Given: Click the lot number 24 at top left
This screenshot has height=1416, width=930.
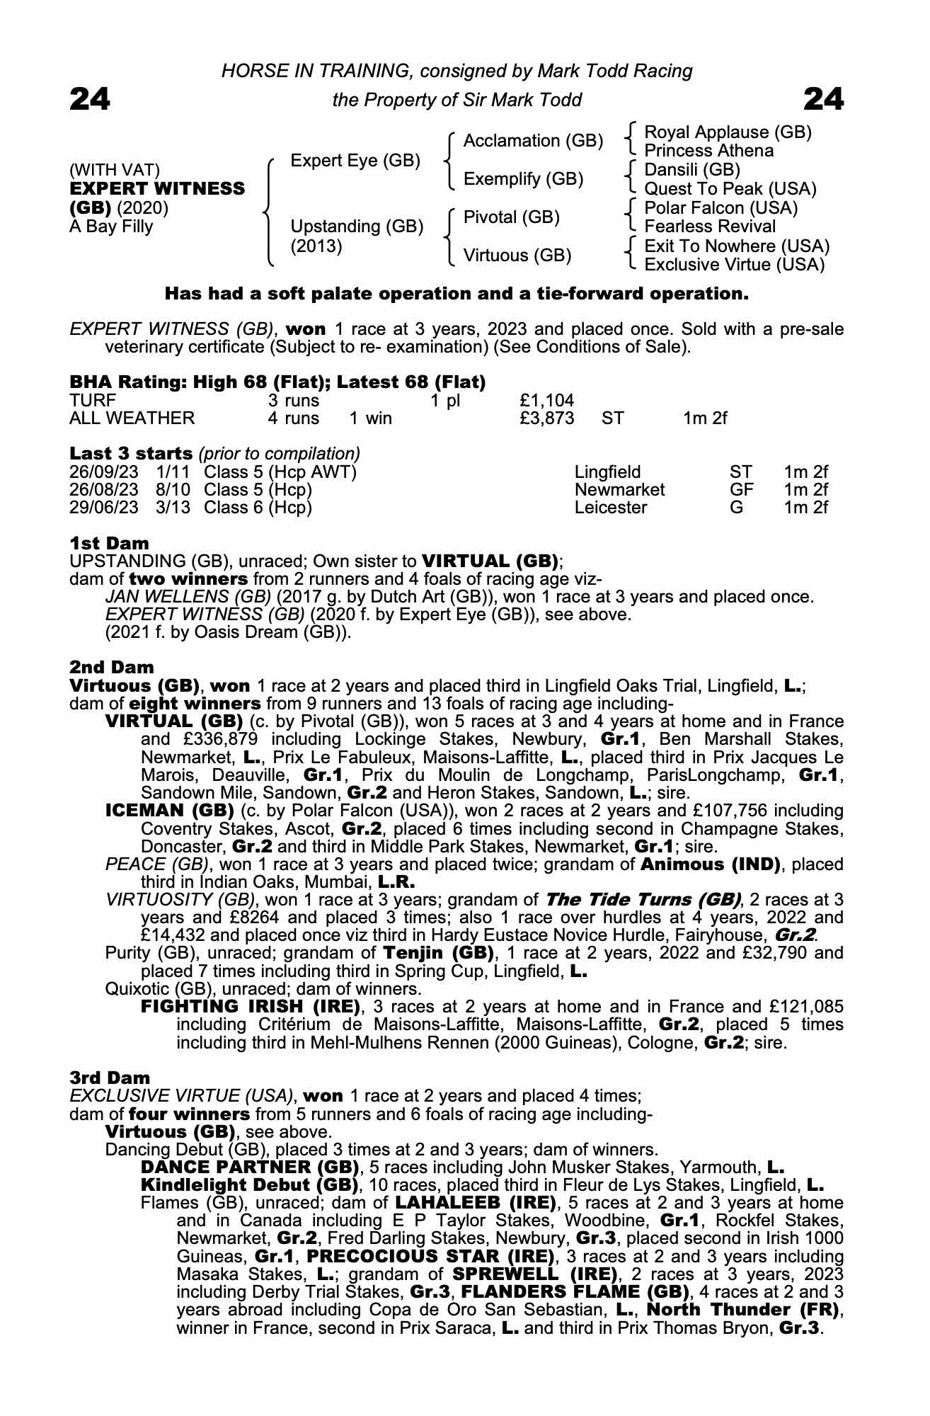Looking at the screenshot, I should (x=90, y=100).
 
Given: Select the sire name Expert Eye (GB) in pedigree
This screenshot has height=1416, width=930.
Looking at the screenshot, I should (x=355, y=161).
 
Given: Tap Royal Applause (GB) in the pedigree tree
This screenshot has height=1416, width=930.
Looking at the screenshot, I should (x=728, y=132).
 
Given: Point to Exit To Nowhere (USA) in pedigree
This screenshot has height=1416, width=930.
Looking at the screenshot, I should (x=737, y=246).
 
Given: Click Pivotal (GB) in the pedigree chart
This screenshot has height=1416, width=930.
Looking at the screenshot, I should (x=511, y=217).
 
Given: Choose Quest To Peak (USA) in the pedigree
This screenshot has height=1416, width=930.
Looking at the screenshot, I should (x=730, y=189).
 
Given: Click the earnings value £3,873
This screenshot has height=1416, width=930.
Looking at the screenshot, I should (x=546, y=418).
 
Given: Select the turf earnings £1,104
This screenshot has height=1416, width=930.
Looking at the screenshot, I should (x=546, y=401).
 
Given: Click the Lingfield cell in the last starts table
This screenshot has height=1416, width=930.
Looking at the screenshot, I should (x=607, y=472).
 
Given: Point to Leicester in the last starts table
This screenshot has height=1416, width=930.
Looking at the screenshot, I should (x=610, y=508).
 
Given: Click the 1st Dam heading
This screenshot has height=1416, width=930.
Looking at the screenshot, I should (x=109, y=544).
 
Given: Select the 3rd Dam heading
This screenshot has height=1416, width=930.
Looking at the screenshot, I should (x=110, y=1078).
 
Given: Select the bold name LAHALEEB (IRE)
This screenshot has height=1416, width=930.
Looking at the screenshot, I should (x=476, y=1203).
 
